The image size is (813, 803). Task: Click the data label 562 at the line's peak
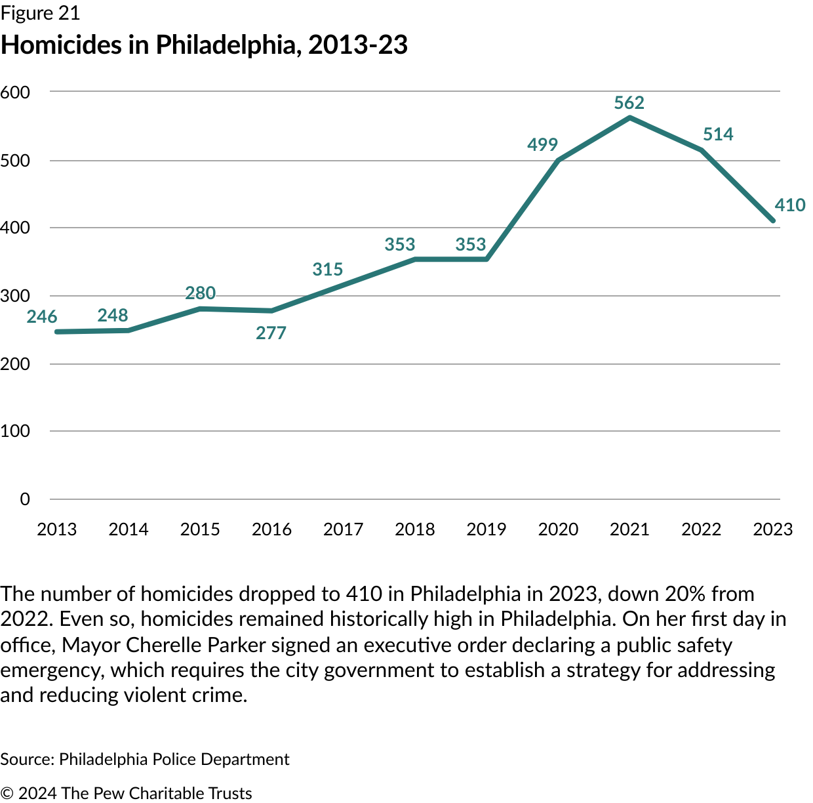click(x=629, y=103)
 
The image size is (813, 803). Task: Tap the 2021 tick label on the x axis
click(x=629, y=529)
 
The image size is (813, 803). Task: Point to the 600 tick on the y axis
click(x=16, y=93)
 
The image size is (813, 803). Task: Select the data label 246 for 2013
click(x=42, y=317)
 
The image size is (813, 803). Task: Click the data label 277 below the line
click(x=271, y=333)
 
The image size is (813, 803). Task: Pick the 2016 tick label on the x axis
click(x=271, y=529)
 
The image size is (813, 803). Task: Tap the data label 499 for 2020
click(x=542, y=145)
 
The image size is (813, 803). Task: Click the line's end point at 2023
click(x=773, y=220)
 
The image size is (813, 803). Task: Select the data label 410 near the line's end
click(x=789, y=205)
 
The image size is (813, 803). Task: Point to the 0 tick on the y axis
click(x=25, y=499)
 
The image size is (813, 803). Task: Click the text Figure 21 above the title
click(x=40, y=13)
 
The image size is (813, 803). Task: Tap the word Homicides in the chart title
click(x=62, y=45)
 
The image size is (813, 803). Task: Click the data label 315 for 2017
click(x=328, y=270)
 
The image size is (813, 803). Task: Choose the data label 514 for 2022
click(x=718, y=134)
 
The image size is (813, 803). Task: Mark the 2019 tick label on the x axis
click(x=486, y=529)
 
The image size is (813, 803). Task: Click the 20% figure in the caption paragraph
click(x=685, y=594)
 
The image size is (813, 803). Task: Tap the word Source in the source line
click(x=26, y=759)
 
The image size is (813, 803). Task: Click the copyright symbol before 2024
click(x=7, y=793)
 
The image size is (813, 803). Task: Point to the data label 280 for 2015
click(x=200, y=293)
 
